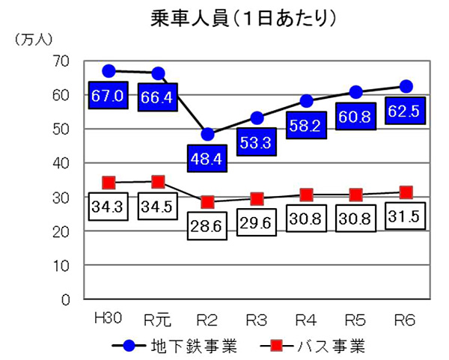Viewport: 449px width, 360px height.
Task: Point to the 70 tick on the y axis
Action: (62, 61)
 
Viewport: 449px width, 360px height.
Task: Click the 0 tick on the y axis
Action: (66, 300)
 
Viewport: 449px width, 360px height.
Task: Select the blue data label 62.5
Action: (405, 111)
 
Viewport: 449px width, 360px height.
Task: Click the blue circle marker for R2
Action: (208, 135)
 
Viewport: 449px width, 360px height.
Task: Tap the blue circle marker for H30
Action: (109, 71)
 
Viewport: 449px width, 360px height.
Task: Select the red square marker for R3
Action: (257, 199)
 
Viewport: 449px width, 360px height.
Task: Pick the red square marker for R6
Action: (406, 192)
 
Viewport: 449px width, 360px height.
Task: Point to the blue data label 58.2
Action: (307, 126)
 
